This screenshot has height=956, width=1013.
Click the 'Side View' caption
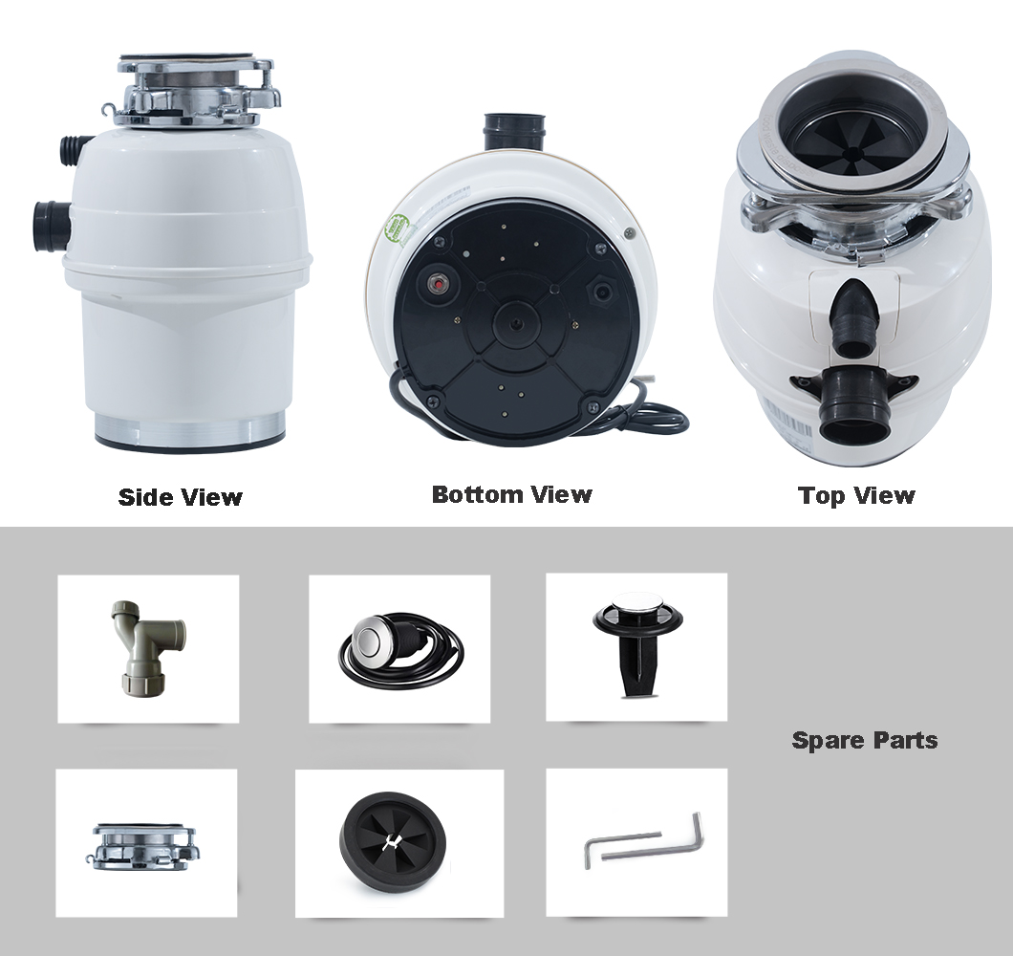[x=181, y=497]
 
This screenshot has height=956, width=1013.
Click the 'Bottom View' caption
[x=511, y=494]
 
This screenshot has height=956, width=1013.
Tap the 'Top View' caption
[x=856, y=495]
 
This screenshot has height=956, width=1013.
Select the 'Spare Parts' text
[x=865, y=740]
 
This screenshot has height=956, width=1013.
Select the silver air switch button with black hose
[x=400, y=649]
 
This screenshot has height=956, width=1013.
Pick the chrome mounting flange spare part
[x=140, y=843]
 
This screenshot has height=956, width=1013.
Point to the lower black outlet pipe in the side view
[x=52, y=225]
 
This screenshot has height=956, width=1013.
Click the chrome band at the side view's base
[x=190, y=432]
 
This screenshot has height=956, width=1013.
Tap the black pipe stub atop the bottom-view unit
[x=515, y=131]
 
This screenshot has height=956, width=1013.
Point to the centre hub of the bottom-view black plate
[x=517, y=323]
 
